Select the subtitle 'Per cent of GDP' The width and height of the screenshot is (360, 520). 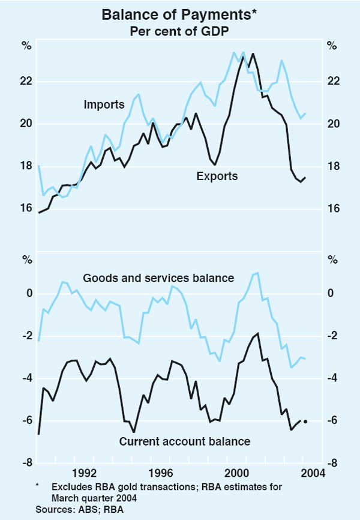pos(179,31)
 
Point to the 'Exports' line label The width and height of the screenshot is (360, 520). pos(217,176)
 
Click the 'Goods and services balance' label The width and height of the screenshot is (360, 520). pos(158,278)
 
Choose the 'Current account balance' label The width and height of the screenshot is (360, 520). pos(184,441)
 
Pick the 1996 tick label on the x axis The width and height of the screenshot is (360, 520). pos(159,472)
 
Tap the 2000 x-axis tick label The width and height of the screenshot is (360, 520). pos(235,472)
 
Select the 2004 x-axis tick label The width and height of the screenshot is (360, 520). pos(311,472)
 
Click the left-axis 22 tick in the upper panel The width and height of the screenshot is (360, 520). pos(27,82)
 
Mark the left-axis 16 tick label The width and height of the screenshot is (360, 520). pos(27,208)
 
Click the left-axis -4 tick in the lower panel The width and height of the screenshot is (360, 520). pos(27,378)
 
